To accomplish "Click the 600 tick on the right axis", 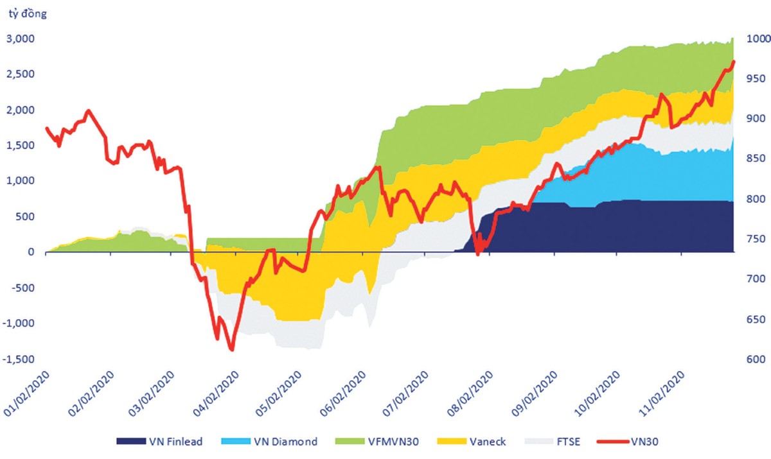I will pos(750,359).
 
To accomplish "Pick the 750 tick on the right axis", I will pos(750,239).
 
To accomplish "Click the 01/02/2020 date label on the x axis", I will pos(26,393).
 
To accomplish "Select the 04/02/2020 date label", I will pos(217,393).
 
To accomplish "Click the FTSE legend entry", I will pos(541,441).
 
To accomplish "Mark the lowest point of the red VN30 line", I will pos(231,350).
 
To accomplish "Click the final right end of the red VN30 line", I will pos(734,62).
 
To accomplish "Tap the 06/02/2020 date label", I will pos(344,393).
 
